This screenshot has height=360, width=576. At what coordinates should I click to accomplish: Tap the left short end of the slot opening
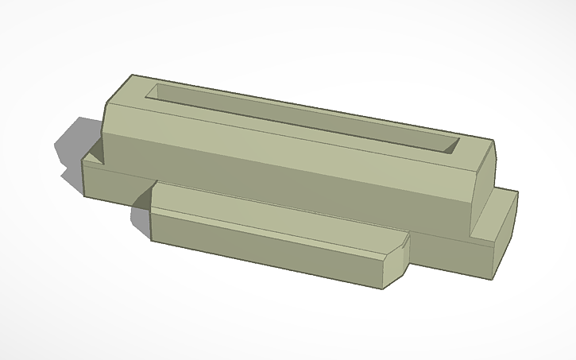pos(153,91)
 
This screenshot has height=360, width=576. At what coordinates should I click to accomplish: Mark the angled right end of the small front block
pos(397,258)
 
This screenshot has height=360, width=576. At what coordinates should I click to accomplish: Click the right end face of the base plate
pos(507,234)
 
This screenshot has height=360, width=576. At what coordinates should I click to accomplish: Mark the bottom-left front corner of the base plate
pos(86,192)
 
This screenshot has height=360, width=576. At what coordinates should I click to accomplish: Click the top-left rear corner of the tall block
pos(132,75)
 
